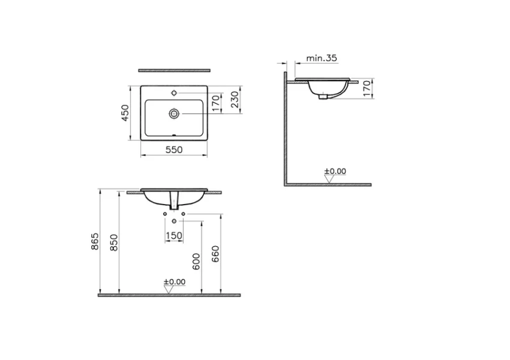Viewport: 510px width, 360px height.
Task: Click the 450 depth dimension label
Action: (125, 113)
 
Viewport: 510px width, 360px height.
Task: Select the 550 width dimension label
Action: (174, 151)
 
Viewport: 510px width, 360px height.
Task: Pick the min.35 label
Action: (322, 58)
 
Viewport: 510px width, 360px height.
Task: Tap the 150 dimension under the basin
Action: (173, 236)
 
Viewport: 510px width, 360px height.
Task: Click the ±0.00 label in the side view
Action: (335, 171)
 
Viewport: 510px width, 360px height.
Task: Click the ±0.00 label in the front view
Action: (174, 281)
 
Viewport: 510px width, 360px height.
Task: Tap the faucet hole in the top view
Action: (174, 93)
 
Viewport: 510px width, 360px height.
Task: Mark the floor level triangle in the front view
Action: (169, 289)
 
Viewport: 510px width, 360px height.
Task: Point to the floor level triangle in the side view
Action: (329, 179)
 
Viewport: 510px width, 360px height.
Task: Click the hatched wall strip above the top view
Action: (174, 70)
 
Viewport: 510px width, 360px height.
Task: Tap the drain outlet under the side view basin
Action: (324, 96)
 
